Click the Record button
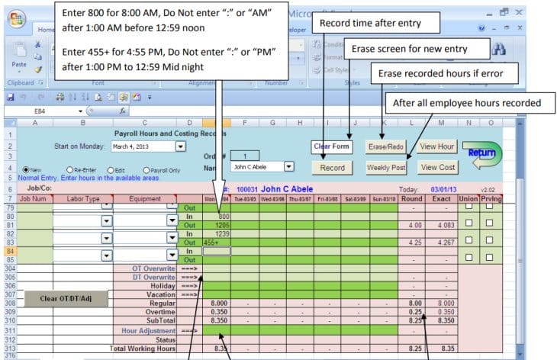[332, 168]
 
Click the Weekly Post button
[386, 168]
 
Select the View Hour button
[437, 146]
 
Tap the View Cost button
[437, 168]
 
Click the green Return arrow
[481, 153]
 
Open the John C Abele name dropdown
[288, 166]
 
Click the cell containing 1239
[216, 233]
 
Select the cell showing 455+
[216, 242]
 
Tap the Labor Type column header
[82, 198]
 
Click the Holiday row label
[159, 286]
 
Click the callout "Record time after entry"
[376, 24]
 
